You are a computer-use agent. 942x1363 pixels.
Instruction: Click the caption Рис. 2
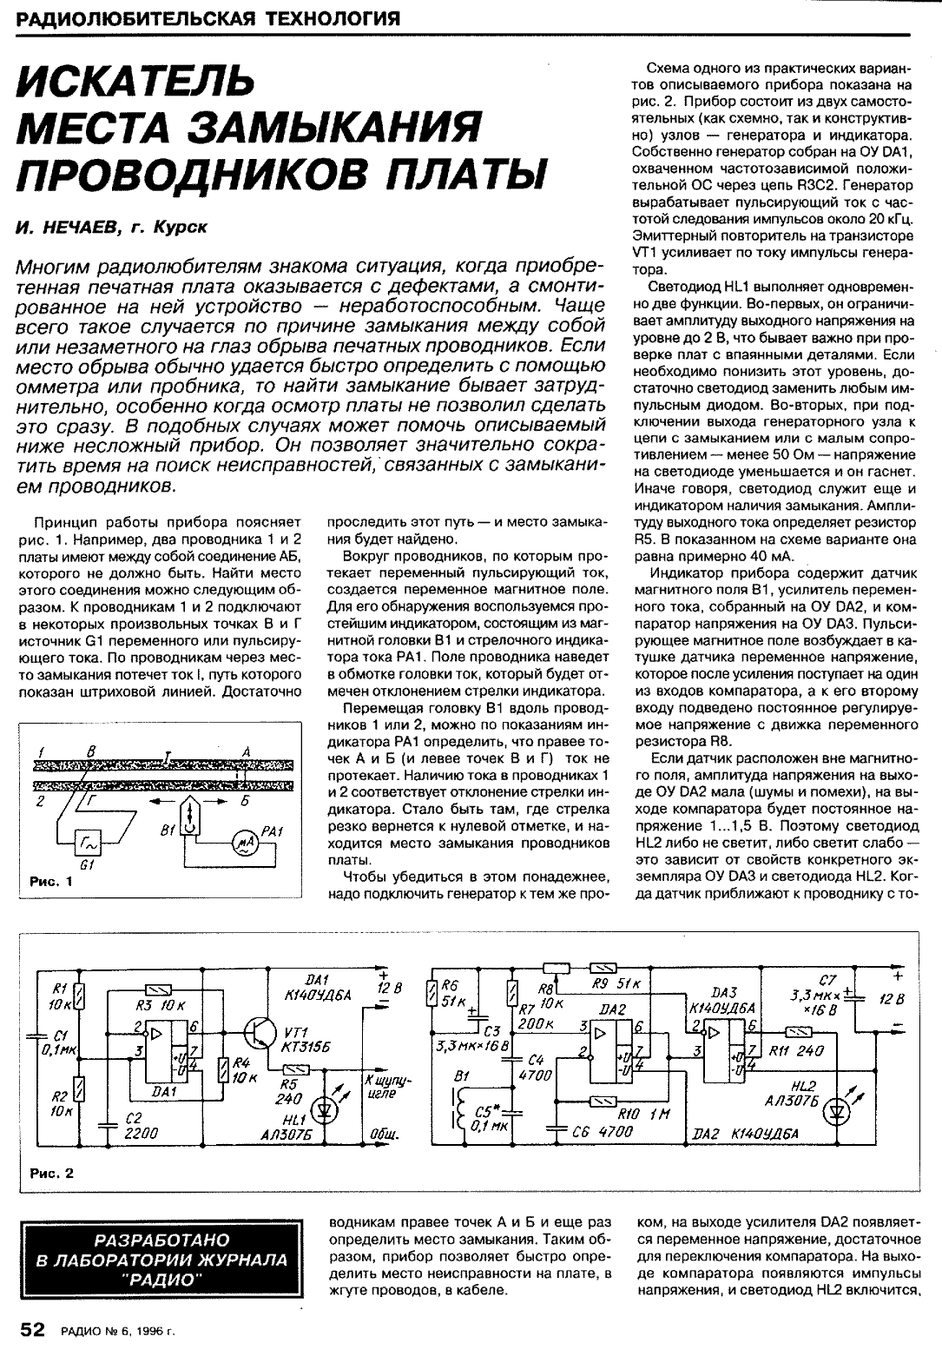[52, 1173]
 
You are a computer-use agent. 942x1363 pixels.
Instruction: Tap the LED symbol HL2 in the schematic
[837, 1110]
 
